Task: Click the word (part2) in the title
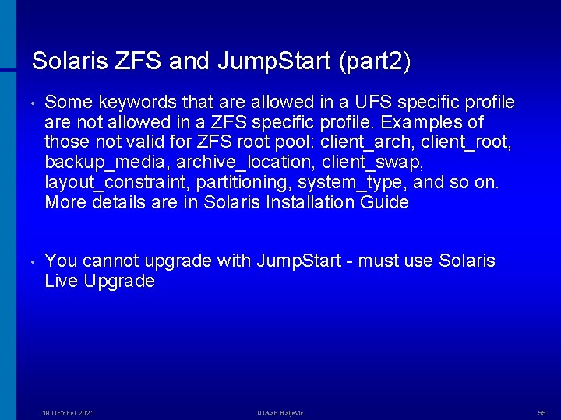pyautogui.click(x=375, y=61)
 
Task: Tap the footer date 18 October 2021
pyautogui.click(x=68, y=413)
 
